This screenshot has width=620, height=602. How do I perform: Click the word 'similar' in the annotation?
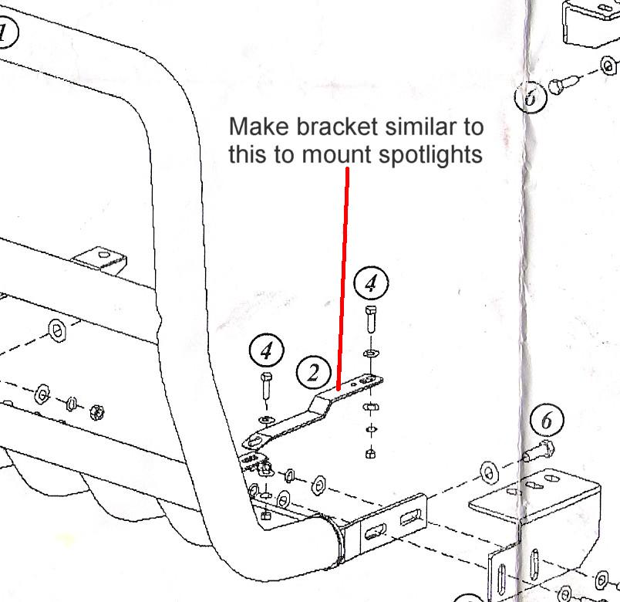pos(405,126)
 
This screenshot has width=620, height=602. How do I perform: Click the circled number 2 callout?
pos(314,374)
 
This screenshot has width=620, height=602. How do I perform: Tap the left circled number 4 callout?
pos(267,352)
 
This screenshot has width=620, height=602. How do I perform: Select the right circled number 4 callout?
pos(371,283)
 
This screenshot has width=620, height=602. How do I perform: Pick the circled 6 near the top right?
pos(530,97)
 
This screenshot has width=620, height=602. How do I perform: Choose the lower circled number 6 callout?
pos(547,421)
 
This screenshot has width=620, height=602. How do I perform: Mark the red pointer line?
pos(344,278)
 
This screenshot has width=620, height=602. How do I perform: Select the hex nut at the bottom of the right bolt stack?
pos(371,453)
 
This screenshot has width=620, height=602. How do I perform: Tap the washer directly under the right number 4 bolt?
pos(371,353)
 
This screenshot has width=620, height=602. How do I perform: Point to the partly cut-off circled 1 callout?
pos(6,32)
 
